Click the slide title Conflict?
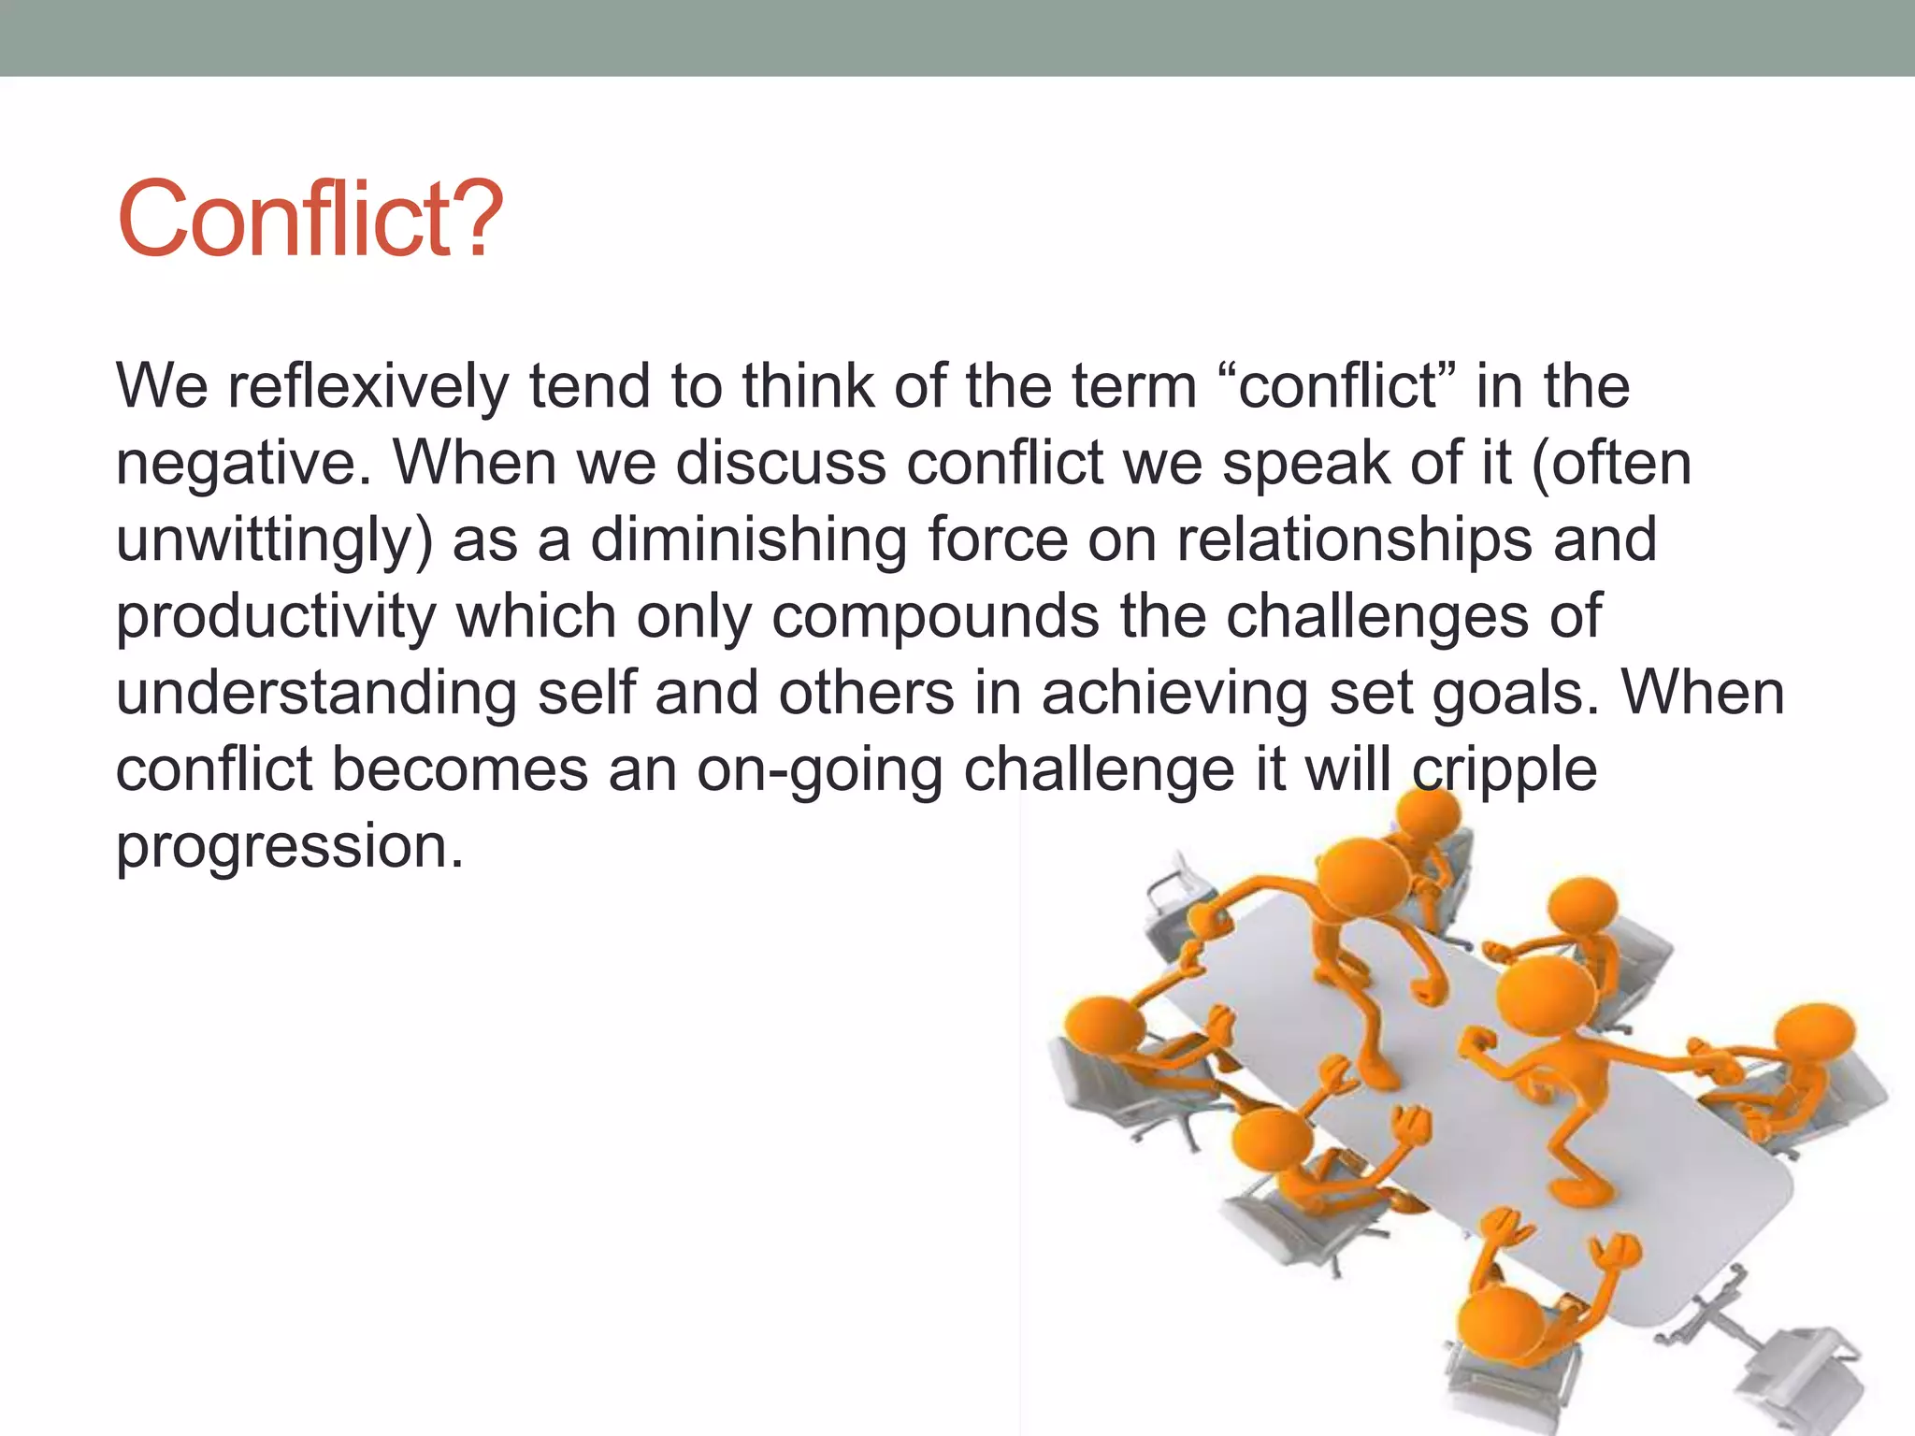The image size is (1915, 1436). (x=309, y=220)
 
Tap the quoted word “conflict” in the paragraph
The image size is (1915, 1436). (x=1338, y=386)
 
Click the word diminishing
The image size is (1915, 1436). (x=748, y=541)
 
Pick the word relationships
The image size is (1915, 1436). (x=1355, y=541)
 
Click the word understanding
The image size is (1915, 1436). (x=316, y=695)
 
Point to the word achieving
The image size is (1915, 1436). (x=1174, y=695)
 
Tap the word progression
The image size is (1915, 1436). (x=290, y=847)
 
